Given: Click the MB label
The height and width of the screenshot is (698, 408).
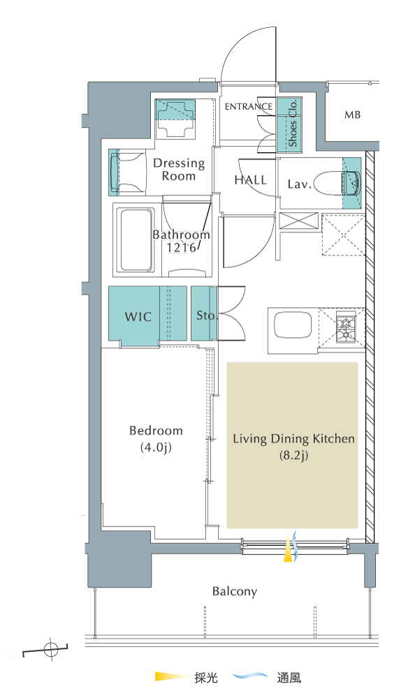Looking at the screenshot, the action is [x=352, y=115].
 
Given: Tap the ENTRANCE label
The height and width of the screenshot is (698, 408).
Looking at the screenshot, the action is [x=249, y=106].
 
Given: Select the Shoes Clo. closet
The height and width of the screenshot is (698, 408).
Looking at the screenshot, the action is [x=290, y=124].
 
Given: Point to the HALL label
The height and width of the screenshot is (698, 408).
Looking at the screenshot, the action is [x=251, y=180].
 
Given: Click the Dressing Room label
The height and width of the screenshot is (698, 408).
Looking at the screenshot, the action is [x=179, y=170].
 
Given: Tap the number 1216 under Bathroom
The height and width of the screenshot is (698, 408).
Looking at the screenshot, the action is [x=182, y=248].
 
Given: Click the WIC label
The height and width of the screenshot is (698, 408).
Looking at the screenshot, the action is [x=138, y=317].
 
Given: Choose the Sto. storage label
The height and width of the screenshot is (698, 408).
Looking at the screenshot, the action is [x=206, y=315].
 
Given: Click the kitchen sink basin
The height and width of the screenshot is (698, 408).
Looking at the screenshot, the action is [x=292, y=325].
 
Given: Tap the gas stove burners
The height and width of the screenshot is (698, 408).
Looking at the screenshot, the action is [x=346, y=329].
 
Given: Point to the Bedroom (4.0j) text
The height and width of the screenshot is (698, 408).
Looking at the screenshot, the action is [x=156, y=439].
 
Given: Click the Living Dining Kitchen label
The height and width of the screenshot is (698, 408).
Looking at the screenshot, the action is [x=294, y=447].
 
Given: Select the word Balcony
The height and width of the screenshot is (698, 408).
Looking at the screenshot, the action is [x=235, y=592].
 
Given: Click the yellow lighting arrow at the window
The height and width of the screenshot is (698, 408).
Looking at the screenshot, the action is [x=289, y=547].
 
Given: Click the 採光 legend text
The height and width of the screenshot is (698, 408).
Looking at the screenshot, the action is [x=206, y=678].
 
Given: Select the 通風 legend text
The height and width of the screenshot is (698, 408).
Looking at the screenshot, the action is [x=289, y=678].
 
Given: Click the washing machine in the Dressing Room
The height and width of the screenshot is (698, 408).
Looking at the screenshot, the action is [x=175, y=119].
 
